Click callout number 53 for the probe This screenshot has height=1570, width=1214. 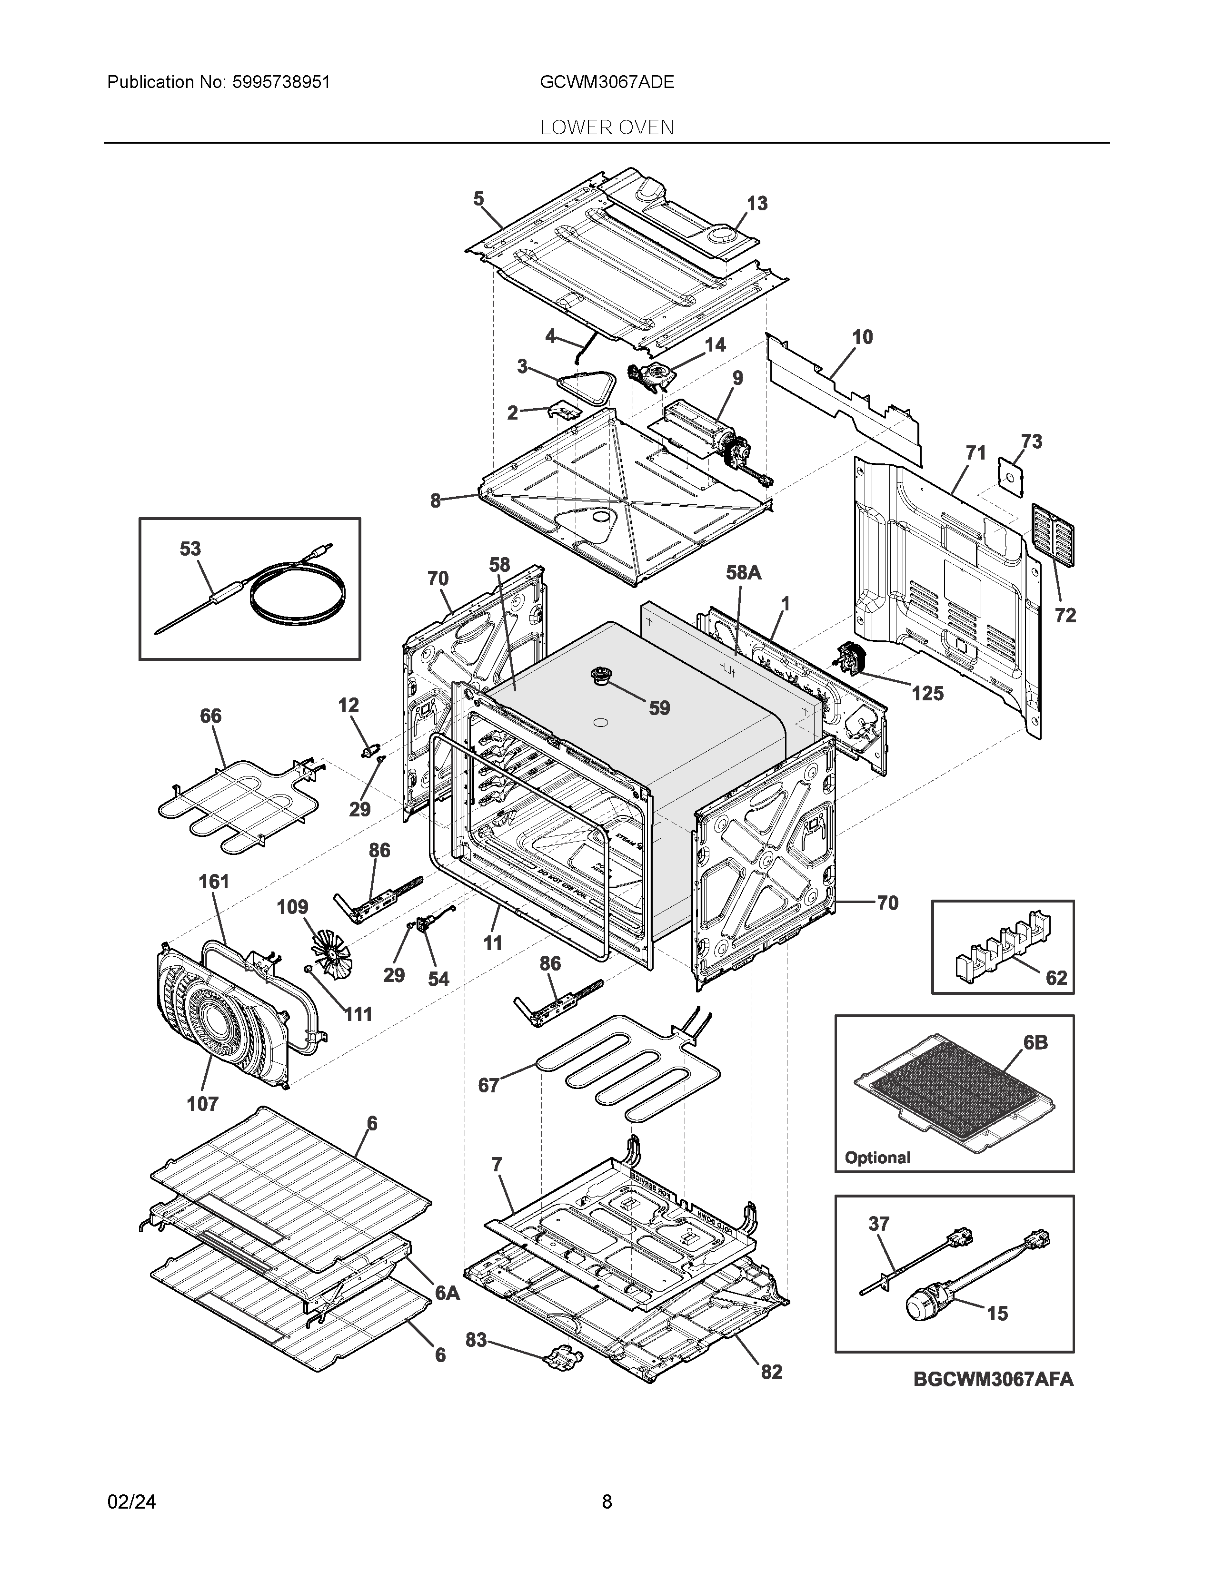click(x=190, y=549)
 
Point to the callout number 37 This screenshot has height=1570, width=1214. click(x=879, y=1224)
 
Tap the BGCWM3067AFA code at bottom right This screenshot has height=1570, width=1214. click(x=993, y=1380)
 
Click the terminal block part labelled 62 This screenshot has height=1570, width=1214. click(x=1000, y=943)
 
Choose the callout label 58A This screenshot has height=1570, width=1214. click(x=743, y=572)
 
